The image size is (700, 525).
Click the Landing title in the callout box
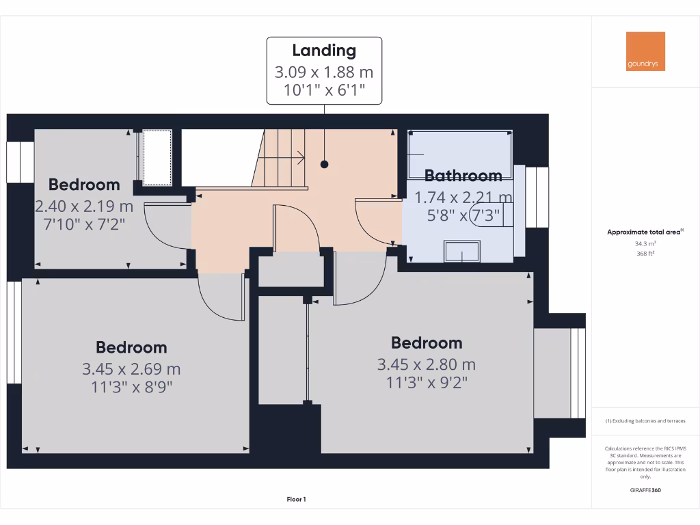(324, 50)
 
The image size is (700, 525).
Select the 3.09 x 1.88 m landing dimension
(324, 72)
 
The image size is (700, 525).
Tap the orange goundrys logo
(645, 51)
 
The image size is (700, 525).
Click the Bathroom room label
(463, 176)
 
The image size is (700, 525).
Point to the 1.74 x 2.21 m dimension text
(463, 198)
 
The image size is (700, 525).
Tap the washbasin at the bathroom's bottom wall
(462, 252)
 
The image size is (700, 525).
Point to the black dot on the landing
(325, 164)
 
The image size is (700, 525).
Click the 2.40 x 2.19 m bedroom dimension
(84, 206)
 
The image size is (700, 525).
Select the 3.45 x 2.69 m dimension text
(131, 369)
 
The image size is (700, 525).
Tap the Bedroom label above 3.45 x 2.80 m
(427, 342)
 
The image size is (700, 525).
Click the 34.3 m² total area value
(645, 243)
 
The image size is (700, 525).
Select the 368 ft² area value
(645, 253)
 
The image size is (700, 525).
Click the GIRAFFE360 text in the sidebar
(645, 490)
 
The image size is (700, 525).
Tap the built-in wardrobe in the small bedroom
(157, 157)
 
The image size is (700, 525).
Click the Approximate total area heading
(644, 232)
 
